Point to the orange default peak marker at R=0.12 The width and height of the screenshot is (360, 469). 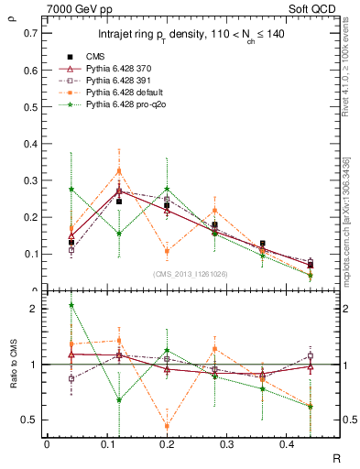tap(119, 171)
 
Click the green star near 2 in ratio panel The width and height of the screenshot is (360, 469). tap(71, 305)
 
